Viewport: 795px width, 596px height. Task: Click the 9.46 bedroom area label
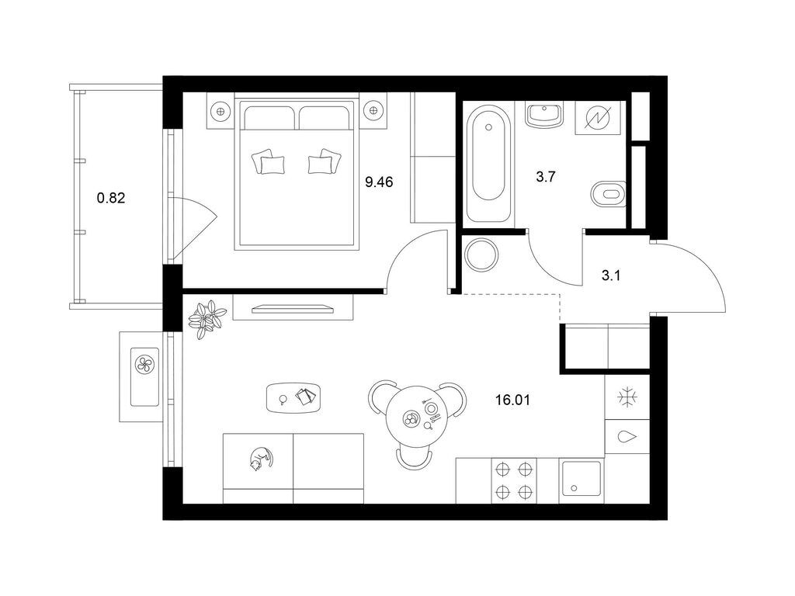coord(379,182)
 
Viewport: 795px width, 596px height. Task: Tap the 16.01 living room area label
coord(512,400)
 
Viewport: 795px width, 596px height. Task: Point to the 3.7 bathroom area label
coord(546,177)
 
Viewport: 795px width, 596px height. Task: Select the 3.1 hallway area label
coord(611,276)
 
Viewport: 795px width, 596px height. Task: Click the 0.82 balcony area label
coord(111,198)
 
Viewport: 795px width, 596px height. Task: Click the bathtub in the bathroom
coord(489,163)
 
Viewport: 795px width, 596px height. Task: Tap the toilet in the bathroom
coord(609,193)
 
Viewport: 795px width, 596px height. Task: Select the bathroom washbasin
coord(544,115)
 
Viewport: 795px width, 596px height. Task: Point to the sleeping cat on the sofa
coord(261,459)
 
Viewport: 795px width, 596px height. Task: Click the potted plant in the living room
coord(207,319)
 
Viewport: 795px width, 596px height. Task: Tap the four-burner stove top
coord(514,480)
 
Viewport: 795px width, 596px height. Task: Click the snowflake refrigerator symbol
coord(627,397)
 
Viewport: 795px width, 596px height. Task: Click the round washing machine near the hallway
coord(481,255)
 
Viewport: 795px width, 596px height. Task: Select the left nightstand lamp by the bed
coord(220,110)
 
